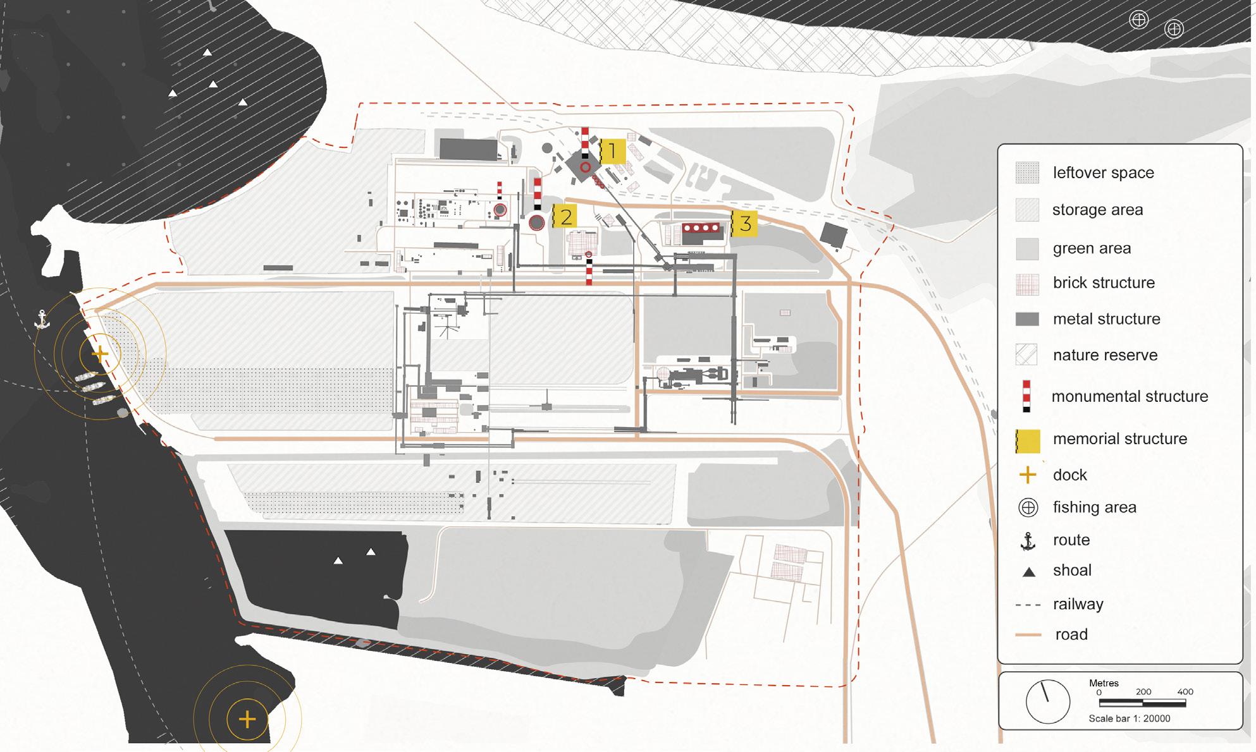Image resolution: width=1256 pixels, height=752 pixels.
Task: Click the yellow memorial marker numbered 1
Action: (612, 152)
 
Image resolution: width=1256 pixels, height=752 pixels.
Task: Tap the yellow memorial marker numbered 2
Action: (565, 217)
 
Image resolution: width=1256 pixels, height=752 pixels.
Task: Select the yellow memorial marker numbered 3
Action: (744, 223)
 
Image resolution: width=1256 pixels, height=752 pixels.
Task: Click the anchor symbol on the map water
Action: (42, 320)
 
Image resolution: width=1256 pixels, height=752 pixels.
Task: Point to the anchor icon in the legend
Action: (1028, 541)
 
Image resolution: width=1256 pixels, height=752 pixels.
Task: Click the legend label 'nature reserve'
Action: (1105, 355)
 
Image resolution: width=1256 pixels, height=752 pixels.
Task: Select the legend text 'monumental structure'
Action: (1130, 396)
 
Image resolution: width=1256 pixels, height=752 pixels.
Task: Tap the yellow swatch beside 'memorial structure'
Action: (1028, 440)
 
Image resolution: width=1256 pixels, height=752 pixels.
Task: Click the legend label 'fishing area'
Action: (1094, 507)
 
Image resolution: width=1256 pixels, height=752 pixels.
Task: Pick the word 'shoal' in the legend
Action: (1072, 570)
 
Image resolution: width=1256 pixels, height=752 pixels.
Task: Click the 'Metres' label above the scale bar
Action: (1104, 683)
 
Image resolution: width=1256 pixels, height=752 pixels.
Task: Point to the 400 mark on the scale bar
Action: (1185, 691)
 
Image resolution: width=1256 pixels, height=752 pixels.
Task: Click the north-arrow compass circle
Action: (1047, 701)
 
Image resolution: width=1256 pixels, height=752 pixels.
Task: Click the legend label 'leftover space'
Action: (1103, 173)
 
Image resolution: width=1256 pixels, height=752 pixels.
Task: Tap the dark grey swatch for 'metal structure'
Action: (1027, 319)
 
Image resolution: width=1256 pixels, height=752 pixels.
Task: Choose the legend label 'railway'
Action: (1078, 604)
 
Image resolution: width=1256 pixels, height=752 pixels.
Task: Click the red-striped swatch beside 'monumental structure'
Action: (1026, 396)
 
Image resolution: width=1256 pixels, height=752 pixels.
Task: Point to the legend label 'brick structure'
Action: (1104, 282)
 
